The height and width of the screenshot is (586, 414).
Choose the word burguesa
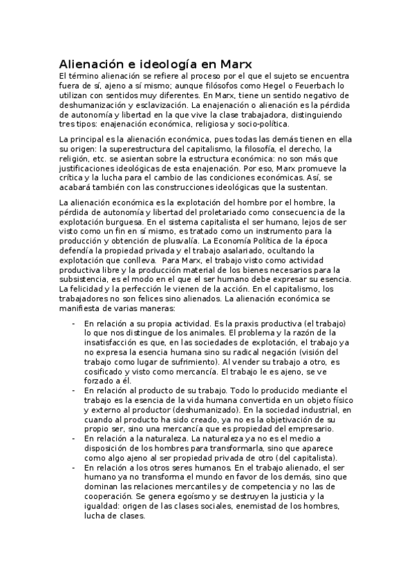tap(121, 221)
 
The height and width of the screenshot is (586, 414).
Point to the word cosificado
tap(107, 371)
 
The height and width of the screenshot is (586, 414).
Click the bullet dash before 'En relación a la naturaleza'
tap(74, 439)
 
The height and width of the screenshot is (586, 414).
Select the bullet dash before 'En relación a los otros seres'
tap(74, 468)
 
